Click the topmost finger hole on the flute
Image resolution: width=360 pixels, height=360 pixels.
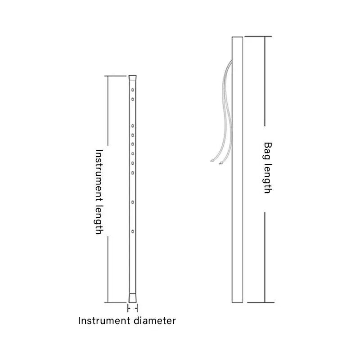point(133,90)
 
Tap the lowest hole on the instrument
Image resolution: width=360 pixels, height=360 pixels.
point(133,231)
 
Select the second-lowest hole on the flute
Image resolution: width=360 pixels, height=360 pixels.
point(133,202)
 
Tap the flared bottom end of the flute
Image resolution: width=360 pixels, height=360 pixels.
point(132,297)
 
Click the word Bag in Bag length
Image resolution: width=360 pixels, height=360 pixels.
point(268,150)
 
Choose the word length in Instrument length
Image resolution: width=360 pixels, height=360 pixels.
point(99,218)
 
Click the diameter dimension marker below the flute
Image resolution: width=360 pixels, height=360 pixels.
point(132,308)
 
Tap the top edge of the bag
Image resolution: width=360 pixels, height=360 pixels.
point(237,37)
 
